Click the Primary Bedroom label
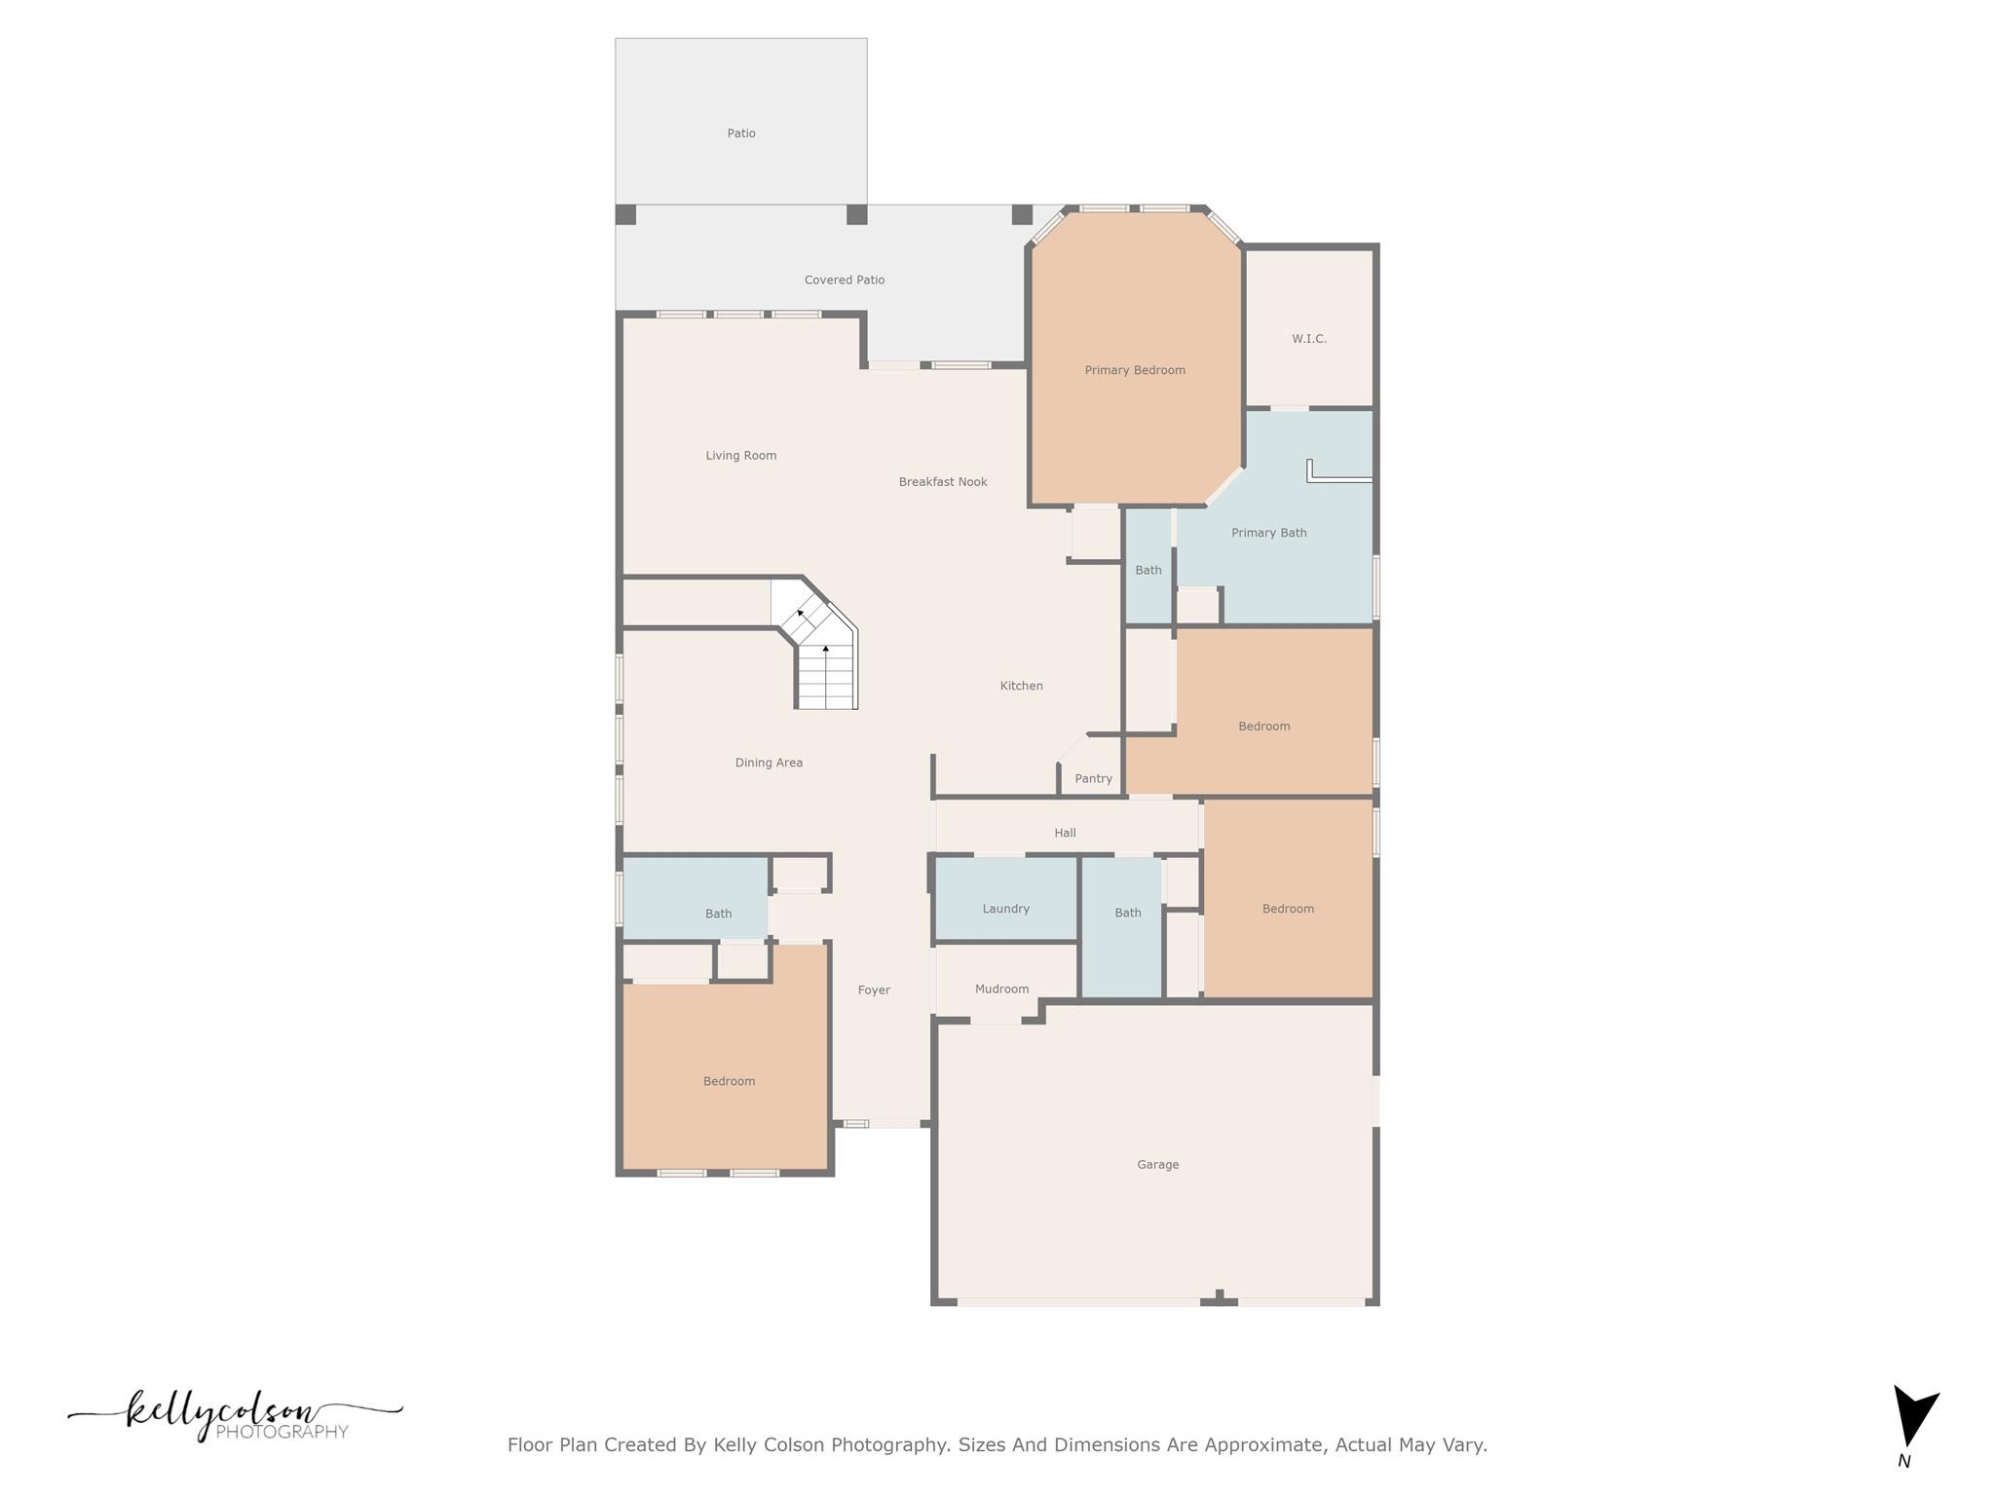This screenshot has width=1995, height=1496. click(1135, 370)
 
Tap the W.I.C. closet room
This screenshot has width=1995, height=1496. click(1309, 339)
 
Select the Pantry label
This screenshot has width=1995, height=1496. click(1093, 778)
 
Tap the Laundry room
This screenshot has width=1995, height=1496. click(1005, 908)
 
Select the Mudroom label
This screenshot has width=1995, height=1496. click(1001, 989)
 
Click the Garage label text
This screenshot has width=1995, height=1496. click(1157, 1164)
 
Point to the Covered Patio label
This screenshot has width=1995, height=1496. click(845, 280)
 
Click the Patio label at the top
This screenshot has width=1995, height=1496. click(741, 133)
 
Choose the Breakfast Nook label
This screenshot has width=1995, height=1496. click(943, 481)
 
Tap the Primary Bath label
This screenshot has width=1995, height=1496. click(1268, 533)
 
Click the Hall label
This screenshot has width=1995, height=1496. click(1065, 833)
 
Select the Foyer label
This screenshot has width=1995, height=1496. click(874, 990)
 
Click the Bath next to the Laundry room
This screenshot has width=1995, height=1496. click(1127, 913)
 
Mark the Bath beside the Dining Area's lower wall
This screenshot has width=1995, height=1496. click(718, 914)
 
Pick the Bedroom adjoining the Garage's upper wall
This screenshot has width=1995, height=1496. click(1288, 909)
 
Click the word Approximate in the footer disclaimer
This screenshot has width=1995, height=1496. click(1264, 1444)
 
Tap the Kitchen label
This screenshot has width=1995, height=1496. click(1021, 686)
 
